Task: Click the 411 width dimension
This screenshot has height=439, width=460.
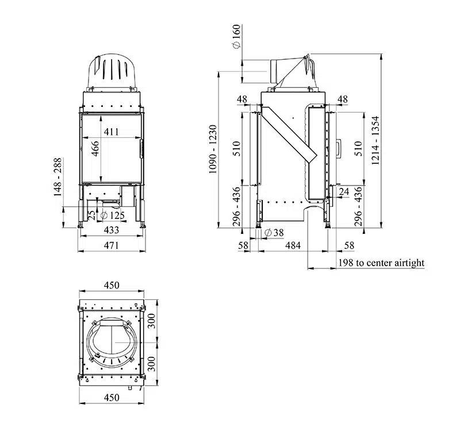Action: coord(111,132)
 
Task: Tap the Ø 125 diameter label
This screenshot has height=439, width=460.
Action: coord(113,215)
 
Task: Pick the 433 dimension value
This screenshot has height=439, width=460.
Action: coord(111,230)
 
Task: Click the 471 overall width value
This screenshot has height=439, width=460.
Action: coord(111,245)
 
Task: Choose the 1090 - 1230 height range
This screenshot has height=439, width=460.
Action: coord(213,149)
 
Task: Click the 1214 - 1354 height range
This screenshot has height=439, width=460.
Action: coord(375,141)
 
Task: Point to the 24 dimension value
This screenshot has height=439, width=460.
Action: coord(344,191)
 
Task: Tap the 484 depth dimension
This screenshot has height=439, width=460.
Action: coord(293,245)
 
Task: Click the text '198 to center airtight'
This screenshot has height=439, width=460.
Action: coord(381,263)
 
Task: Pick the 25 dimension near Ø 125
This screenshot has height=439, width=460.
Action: coord(91,214)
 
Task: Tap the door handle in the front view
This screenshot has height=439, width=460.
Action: coord(141,148)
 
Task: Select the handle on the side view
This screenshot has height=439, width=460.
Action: coord(339,148)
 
